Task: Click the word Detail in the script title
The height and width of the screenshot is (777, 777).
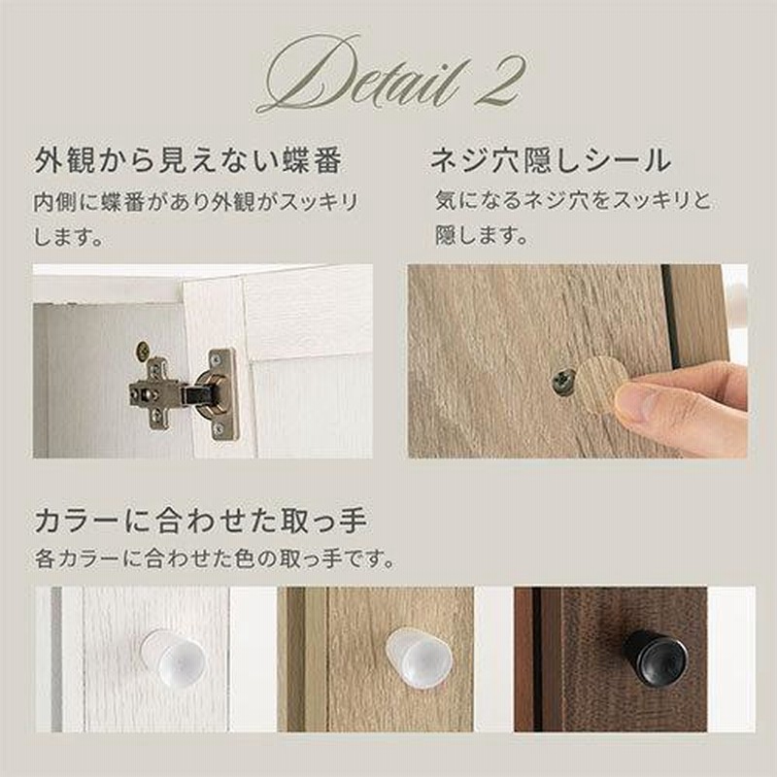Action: pyautogui.click(x=360, y=75)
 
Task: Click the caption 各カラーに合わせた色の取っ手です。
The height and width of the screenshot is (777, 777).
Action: pyautogui.click(x=215, y=559)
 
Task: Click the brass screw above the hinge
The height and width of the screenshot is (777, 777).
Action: pyautogui.click(x=142, y=351)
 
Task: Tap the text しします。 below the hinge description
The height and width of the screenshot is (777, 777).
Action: pyautogui.click(x=69, y=237)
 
